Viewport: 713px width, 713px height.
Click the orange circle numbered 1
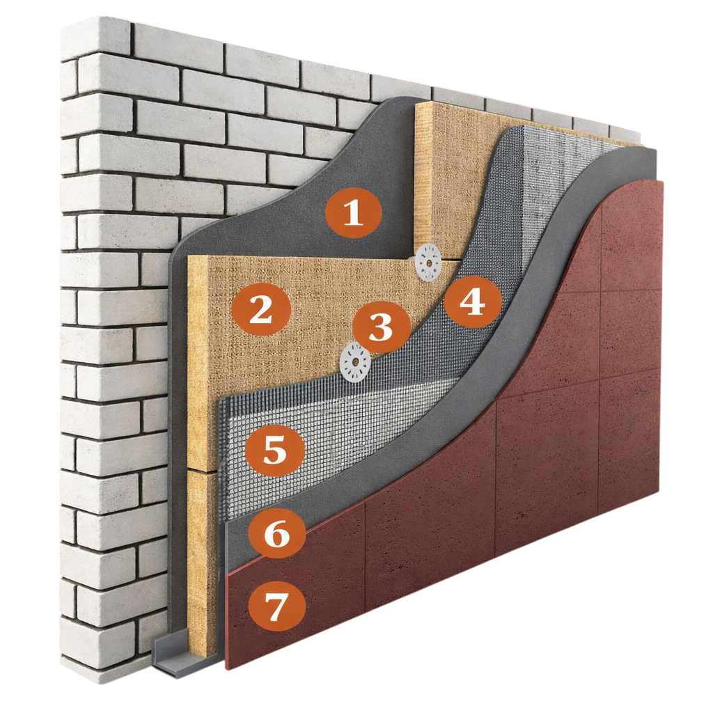click(353, 213)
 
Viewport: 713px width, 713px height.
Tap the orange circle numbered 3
click(381, 326)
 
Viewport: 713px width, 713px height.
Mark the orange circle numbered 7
click(276, 605)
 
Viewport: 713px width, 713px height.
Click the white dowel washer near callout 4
click(428, 263)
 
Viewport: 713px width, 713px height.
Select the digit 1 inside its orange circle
click(353, 213)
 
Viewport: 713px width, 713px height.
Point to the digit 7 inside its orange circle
click(276, 605)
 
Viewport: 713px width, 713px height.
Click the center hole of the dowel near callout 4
click(428, 263)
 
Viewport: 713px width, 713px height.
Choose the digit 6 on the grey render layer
click(276, 532)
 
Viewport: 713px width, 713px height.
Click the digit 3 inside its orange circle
click(381, 327)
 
